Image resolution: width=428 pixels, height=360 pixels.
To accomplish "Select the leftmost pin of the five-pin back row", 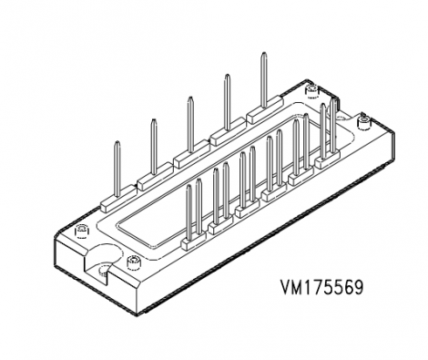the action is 117,163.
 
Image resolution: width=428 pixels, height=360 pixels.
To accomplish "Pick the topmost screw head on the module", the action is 310,89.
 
